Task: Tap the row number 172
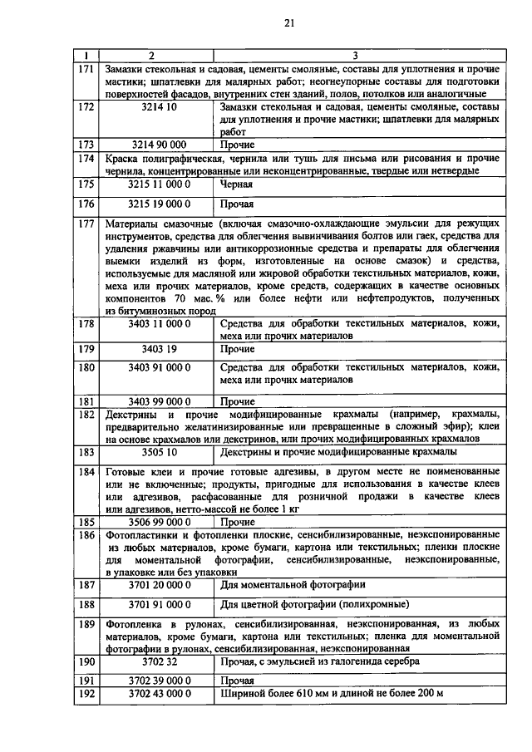click(x=85, y=107)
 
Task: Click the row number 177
click(x=85, y=224)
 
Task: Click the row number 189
click(x=85, y=623)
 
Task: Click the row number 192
click(x=85, y=692)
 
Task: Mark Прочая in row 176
click(x=238, y=204)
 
